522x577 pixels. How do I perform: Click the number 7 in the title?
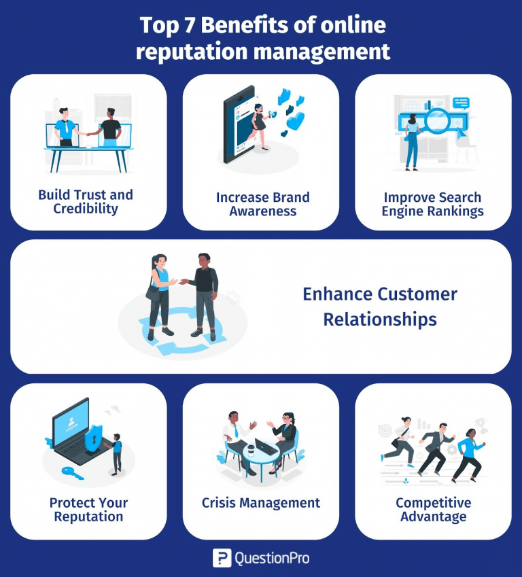coord(179,26)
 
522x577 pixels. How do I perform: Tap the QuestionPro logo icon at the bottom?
coord(222,559)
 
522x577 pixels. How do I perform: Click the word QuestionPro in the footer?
coord(271,559)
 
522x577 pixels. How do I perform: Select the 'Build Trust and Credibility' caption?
coord(86,202)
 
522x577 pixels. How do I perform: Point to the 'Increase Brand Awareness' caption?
coord(262,204)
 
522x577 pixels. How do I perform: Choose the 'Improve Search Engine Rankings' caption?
coord(433,204)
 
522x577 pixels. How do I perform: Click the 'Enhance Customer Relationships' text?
coord(380,307)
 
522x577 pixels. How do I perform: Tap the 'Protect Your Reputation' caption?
coord(88,510)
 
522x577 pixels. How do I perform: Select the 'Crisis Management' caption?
coord(261,503)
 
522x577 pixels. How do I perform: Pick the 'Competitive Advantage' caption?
coord(433,510)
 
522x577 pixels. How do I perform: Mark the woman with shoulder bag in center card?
coord(160,293)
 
